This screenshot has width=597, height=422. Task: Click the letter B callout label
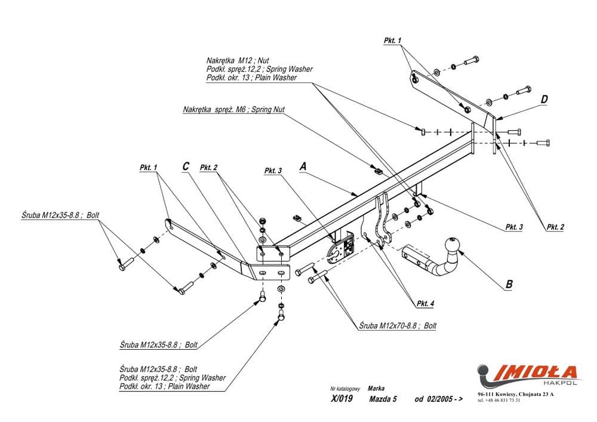coord(509,284)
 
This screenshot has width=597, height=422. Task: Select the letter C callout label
coord(186,167)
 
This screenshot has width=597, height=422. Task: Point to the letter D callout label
coord(544,99)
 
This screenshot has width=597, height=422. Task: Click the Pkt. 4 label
coord(425,304)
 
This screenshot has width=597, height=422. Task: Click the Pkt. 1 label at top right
coord(393,41)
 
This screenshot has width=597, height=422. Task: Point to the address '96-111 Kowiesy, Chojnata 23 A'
coord(515,394)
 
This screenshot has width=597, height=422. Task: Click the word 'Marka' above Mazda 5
coord(376,387)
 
